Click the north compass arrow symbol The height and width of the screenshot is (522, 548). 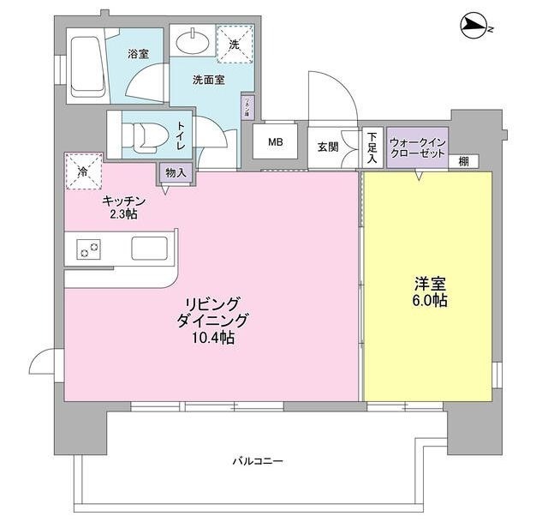(x=472, y=26)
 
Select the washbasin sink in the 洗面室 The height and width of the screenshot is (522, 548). (x=193, y=41)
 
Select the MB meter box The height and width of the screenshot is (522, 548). (x=276, y=142)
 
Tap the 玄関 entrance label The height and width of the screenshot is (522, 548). (x=328, y=147)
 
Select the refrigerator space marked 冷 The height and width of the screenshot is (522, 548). (x=83, y=171)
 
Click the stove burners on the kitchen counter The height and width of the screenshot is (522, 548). (x=88, y=249)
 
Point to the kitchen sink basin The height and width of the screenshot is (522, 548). (x=152, y=249)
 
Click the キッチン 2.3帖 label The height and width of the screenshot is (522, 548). (x=124, y=207)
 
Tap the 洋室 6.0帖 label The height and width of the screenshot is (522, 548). (x=428, y=292)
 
